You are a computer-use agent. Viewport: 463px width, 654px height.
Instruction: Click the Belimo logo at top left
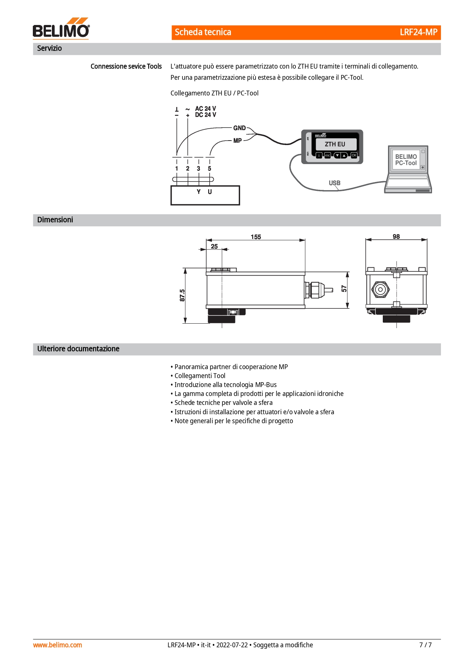61,28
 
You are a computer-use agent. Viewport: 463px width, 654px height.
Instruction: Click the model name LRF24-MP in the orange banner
418,32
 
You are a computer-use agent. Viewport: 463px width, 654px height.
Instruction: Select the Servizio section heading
50,48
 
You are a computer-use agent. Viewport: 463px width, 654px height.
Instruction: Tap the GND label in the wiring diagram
240,128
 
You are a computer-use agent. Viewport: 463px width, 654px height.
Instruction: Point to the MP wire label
238,141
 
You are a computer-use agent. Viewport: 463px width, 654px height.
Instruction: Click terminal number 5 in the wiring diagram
210,169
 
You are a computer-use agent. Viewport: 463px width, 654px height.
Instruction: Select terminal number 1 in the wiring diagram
177,169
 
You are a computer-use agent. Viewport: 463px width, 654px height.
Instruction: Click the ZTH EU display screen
336,144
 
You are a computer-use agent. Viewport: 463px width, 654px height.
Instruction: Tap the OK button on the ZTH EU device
354,155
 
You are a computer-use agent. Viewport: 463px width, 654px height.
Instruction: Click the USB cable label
335,183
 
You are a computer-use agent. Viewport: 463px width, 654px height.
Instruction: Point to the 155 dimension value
256,237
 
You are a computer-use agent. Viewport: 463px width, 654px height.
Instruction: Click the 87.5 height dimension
182,295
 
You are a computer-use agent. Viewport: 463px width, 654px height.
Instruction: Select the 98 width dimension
396,237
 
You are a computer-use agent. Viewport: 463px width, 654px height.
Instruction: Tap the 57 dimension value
344,289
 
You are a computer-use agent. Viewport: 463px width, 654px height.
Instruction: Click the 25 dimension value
215,246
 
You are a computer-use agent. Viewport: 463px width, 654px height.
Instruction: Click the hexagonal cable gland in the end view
381,289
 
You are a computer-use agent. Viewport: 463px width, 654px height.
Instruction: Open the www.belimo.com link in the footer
57,645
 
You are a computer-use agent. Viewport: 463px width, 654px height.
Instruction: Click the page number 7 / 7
426,645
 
